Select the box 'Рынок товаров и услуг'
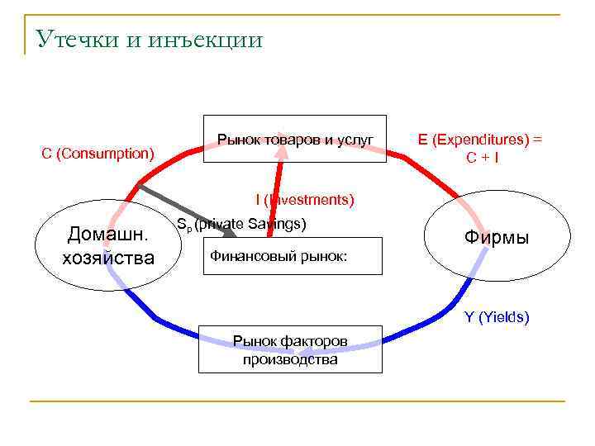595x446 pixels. [x=294, y=138]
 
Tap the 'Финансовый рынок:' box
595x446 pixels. [x=293, y=255]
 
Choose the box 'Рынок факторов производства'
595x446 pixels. [x=290, y=349]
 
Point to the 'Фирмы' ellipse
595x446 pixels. [x=497, y=238]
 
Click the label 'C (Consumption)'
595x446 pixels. [x=98, y=154]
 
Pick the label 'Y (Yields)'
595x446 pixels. [x=496, y=316]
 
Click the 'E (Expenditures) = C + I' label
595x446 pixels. [x=481, y=147]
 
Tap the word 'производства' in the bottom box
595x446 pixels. [x=290, y=359]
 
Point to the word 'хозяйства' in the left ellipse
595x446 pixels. [x=108, y=258]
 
